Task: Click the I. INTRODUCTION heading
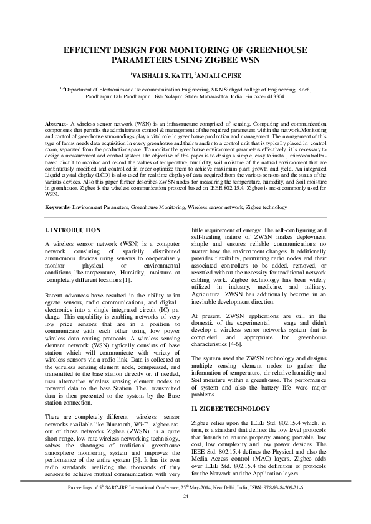point(74,230)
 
